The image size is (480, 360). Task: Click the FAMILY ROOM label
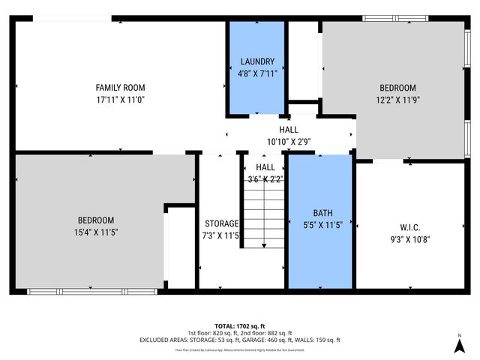(x=120, y=88)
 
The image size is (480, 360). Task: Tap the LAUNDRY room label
(x=257, y=61)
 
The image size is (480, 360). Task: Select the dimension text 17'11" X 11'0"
(x=120, y=99)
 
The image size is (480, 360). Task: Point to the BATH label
(x=320, y=213)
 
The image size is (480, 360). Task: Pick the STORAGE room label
(x=221, y=223)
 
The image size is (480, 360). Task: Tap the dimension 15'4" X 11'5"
(x=96, y=232)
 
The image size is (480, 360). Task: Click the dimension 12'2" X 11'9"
(x=397, y=99)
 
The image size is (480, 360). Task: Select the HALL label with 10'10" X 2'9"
(x=289, y=130)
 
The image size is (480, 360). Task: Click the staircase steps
(x=263, y=217)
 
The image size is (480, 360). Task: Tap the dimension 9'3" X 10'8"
(x=409, y=240)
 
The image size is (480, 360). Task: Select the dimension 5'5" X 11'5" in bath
(x=320, y=225)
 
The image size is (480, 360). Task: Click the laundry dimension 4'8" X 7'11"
(x=257, y=73)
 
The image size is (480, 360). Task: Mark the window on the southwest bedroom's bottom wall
(x=92, y=291)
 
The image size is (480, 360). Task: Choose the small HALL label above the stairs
(x=265, y=167)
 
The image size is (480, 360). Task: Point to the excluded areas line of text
(x=239, y=340)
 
